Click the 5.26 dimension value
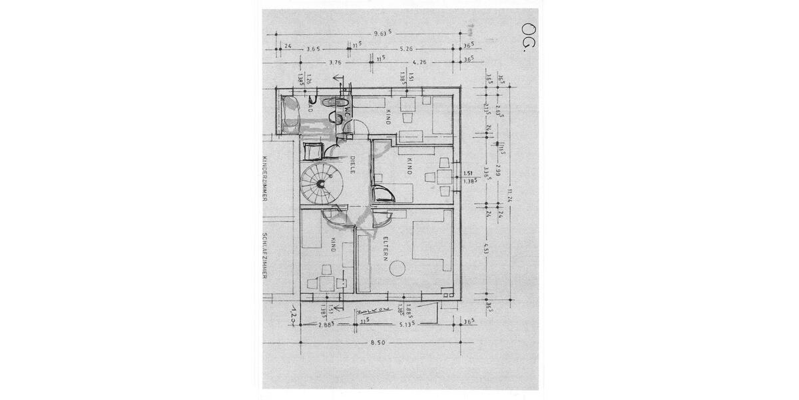406,49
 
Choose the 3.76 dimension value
336,63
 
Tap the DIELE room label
352,165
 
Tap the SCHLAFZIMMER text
264,255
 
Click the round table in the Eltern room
398,269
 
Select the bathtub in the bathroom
291,115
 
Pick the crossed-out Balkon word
368,311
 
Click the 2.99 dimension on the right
497,171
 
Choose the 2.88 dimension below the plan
326,323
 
